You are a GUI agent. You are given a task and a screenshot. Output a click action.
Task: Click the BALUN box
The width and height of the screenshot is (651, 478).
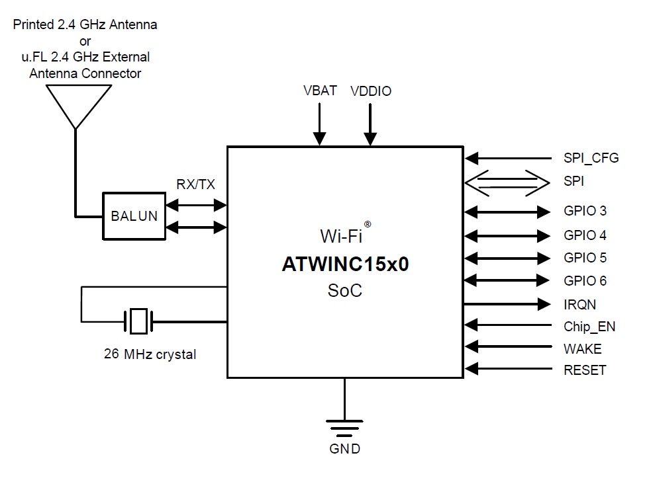[134, 216]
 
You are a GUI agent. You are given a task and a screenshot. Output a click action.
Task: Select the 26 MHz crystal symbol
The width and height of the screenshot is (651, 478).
[138, 322]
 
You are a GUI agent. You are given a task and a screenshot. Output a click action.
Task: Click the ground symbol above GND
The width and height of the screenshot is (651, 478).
[344, 428]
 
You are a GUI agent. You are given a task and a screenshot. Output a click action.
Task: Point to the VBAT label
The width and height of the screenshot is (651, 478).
[319, 91]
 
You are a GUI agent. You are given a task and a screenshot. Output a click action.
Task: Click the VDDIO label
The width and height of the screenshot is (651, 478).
[371, 91]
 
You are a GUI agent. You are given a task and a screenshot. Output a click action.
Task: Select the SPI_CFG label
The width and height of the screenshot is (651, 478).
[591, 159]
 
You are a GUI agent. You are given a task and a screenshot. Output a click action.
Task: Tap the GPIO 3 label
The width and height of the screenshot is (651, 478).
[585, 212]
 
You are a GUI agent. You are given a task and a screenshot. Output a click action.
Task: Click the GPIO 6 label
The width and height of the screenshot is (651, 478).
[585, 281]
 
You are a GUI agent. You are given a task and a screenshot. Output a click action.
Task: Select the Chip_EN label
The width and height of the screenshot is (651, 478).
[589, 327]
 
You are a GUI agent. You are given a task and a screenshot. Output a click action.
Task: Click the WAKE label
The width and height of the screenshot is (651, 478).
[583, 348]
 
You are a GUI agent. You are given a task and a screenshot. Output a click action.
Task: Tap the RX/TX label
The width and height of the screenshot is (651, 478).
[195, 185]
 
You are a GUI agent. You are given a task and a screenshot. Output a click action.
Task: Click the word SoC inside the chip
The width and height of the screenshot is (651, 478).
[345, 290]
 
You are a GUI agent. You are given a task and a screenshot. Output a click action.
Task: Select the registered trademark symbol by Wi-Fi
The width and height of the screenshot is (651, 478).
[368, 224]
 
